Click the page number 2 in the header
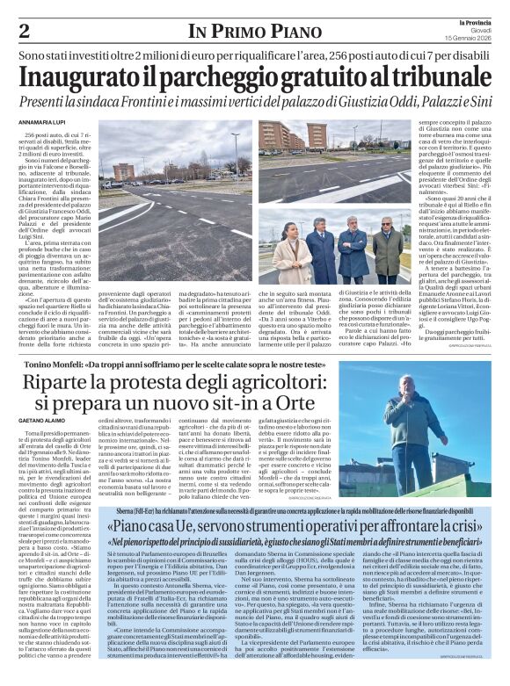click(24, 31)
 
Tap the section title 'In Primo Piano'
click(254, 32)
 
